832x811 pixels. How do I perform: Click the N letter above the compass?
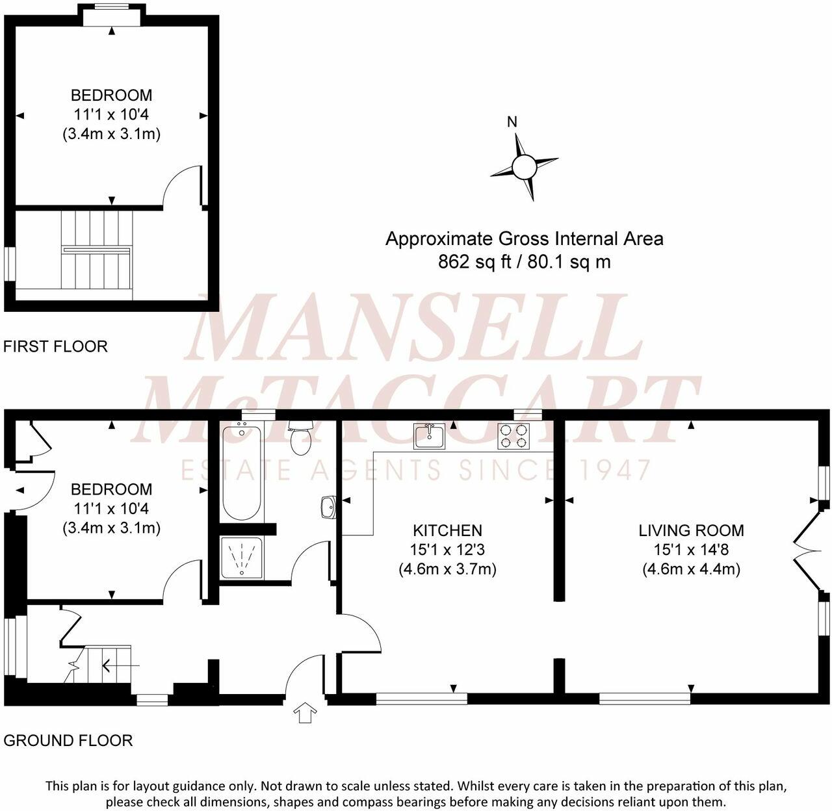tap(512, 122)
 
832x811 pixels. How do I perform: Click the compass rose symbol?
tap(523, 167)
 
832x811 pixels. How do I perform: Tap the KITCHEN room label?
tap(447, 530)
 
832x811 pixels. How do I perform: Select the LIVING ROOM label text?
tap(691, 530)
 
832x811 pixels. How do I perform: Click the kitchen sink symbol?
tap(429, 436)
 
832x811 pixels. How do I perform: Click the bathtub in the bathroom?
tap(242, 471)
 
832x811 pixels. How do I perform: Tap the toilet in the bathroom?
tap(301, 438)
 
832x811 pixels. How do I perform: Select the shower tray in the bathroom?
tap(242, 558)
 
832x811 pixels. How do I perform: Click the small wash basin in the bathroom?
tap(328, 507)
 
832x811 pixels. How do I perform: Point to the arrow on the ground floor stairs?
tap(113, 665)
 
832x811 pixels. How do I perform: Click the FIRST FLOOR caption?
tap(55, 346)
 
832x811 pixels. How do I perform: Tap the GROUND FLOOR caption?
tap(68, 740)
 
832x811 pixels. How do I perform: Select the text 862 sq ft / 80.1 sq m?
tap(524, 262)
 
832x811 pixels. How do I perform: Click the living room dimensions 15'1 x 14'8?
tap(691, 550)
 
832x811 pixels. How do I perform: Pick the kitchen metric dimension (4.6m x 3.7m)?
tap(447, 569)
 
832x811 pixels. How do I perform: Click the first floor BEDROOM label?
tap(111, 95)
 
